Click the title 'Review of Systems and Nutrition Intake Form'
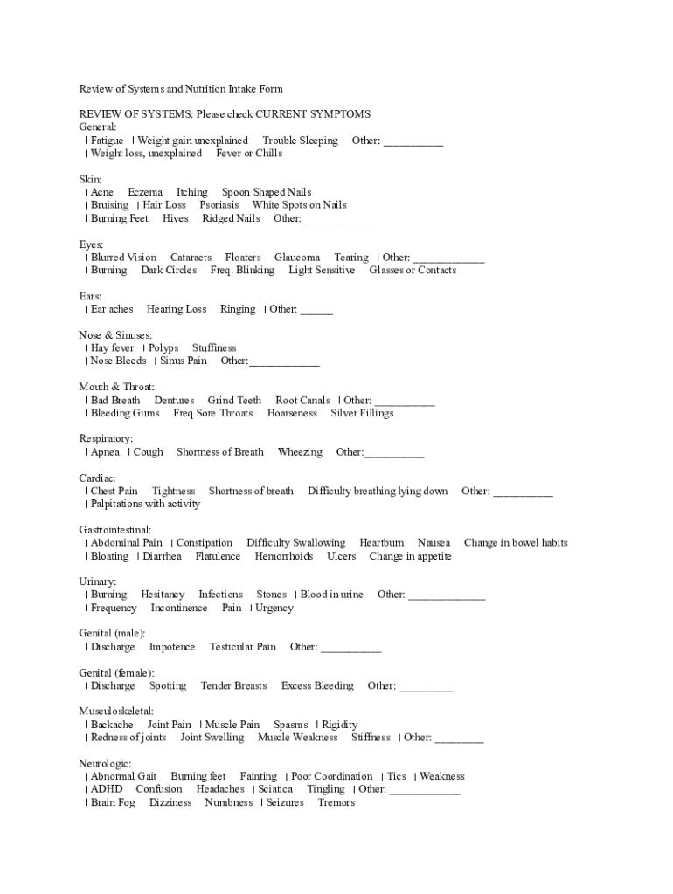pos(181,89)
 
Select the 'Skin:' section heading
pos(91,179)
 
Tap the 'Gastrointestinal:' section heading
pos(115,530)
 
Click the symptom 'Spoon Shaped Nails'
pos(266,192)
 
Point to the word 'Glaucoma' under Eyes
pos(297,258)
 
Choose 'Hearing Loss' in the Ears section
pos(177,309)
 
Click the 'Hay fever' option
pos(112,348)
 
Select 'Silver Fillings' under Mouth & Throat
pos(362,413)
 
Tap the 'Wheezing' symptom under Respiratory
pos(300,452)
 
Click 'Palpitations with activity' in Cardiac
pos(145,504)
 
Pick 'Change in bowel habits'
pos(516,543)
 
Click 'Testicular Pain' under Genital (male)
pos(243,647)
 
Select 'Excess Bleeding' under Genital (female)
pos(317,686)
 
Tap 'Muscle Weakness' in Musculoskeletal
pos(297,738)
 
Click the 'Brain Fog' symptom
pos(113,802)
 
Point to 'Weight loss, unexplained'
pos(146,154)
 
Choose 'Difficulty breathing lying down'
pos(378,492)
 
